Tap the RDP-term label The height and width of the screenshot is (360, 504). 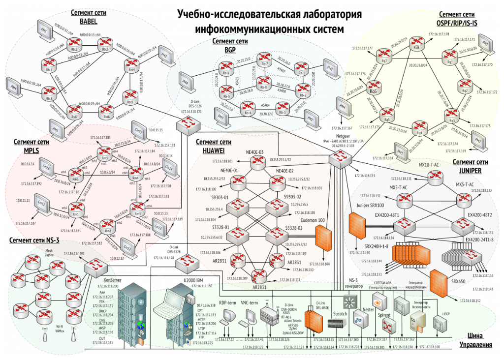[227, 303]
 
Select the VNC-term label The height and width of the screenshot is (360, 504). [250, 303]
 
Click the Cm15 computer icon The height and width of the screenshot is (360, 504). [138, 132]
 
